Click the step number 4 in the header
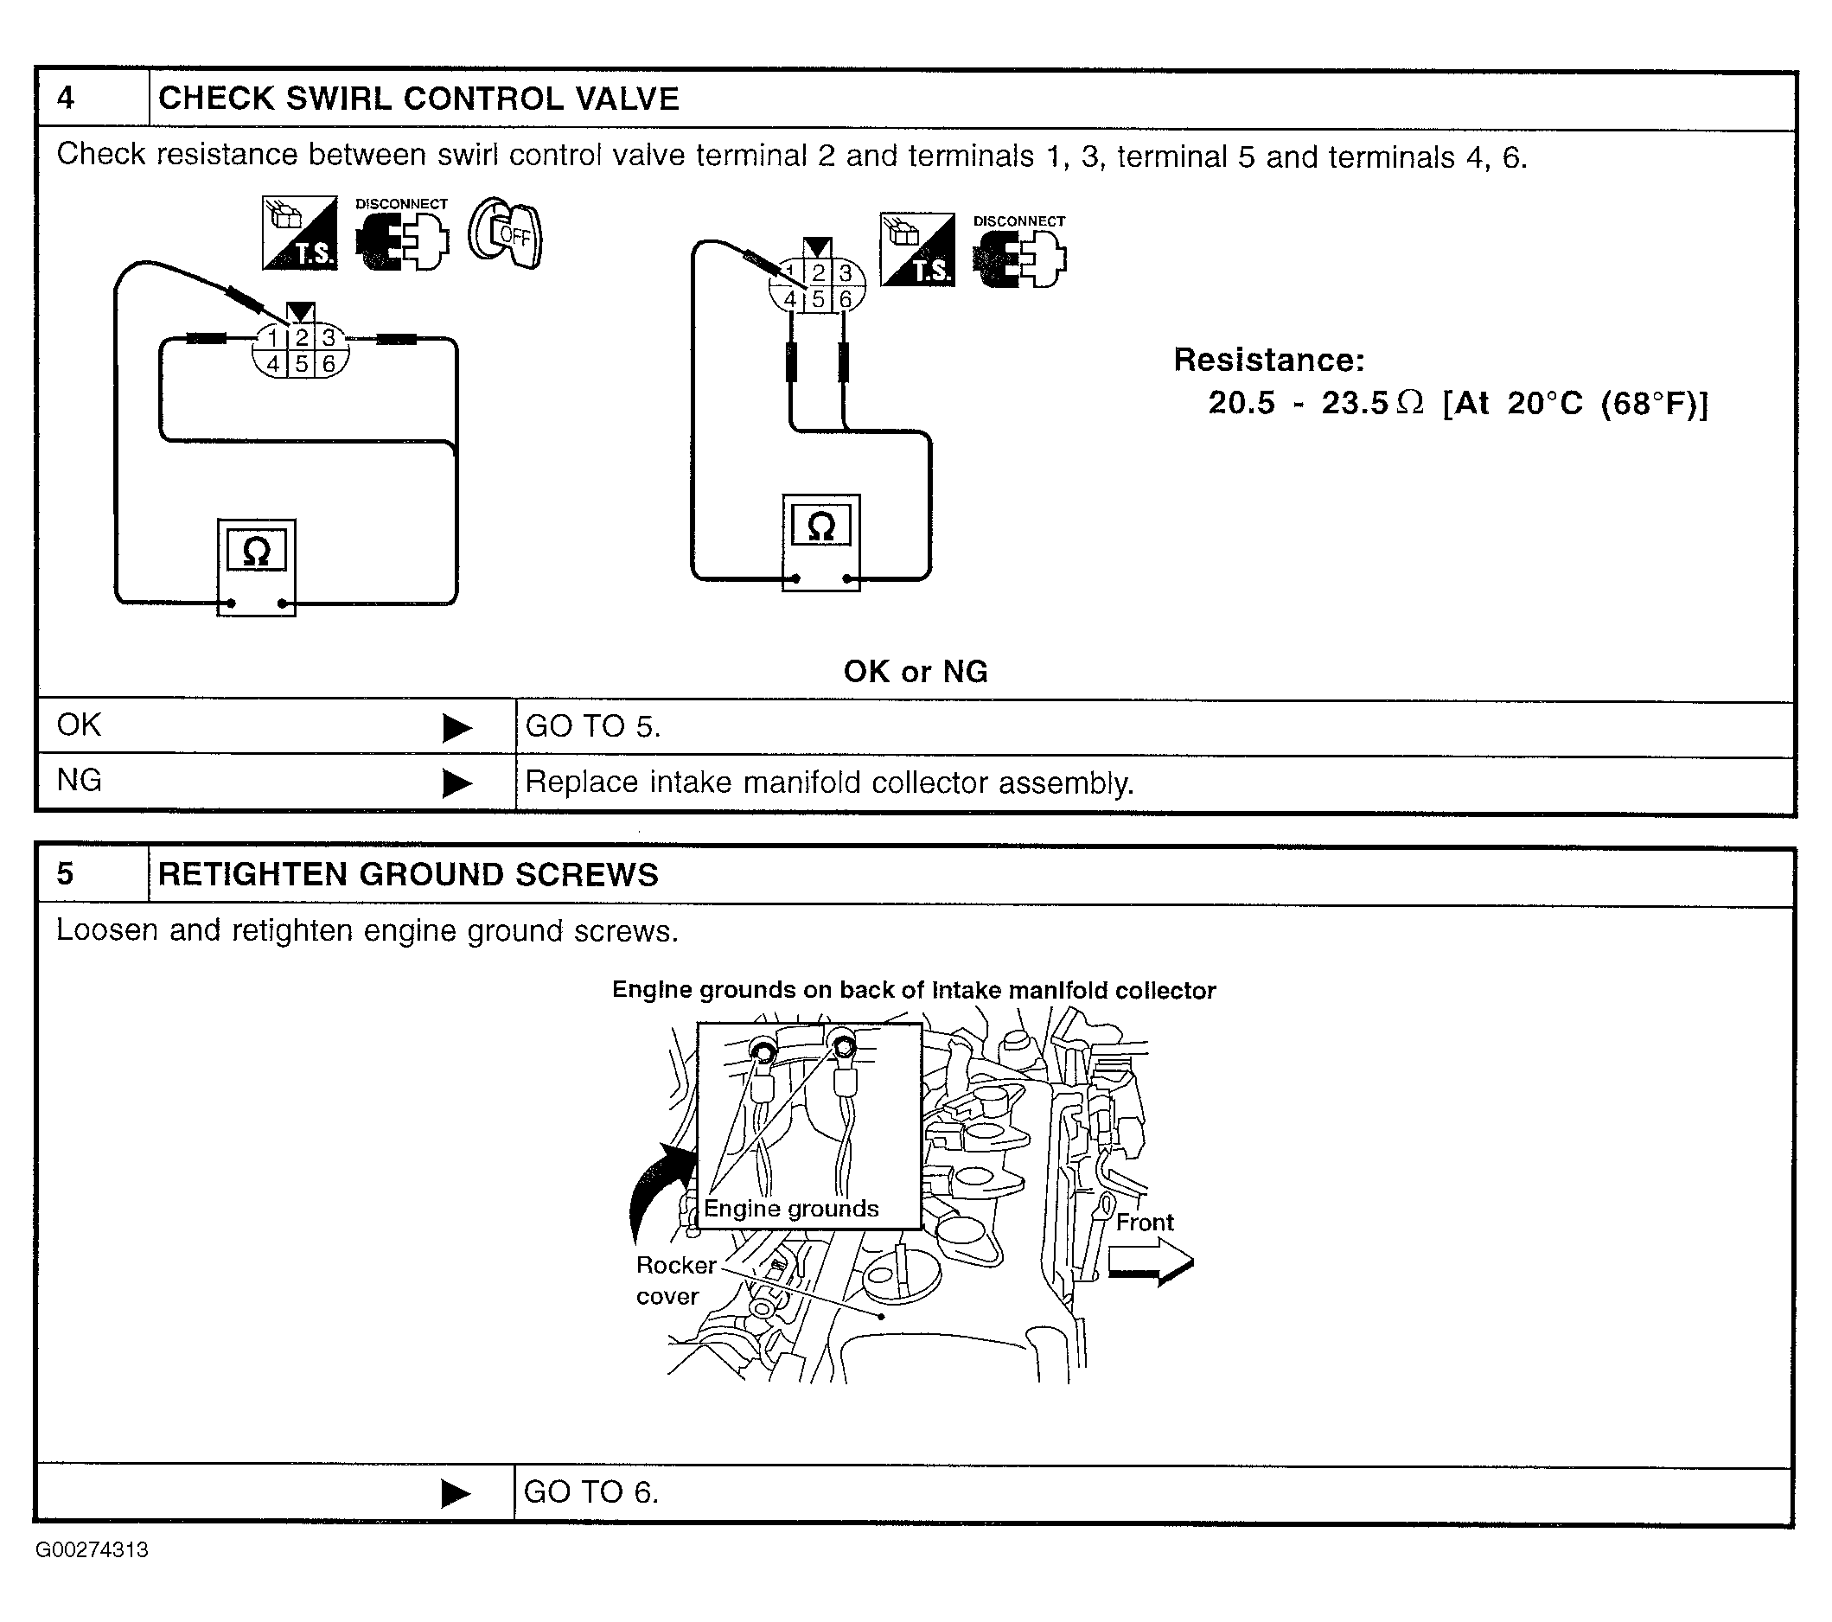[x=66, y=97]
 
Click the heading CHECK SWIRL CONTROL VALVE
[x=418, y=99]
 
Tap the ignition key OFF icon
[x=506, y=233]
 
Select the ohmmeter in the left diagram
[x=256, y=567]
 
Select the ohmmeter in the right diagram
[x=821, y=543]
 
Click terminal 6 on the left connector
[x=329, y=364]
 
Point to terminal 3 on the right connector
[x=846, y=273]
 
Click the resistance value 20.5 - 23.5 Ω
[x=1316, y=403]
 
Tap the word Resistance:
[x=1269, y=360]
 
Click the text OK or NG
[x=915, y=671]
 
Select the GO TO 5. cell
[x=1154, y=727]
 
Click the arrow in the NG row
[x=457, y=783]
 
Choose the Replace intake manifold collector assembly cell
[x=1154, y=783]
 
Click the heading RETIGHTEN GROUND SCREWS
[x=408, y=875]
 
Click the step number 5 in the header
[x=65, y=874]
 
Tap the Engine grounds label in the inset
[x=790, y=1209]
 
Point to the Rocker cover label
[x=675, y=1280]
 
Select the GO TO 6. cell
[x=1152, y=1493]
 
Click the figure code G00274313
[x=93, y=1550]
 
